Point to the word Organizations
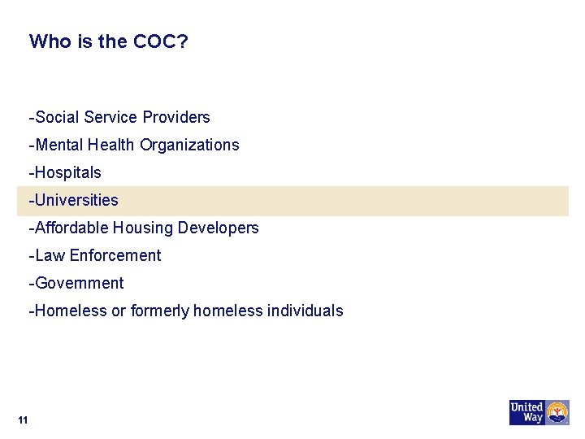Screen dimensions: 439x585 tap(190, 145)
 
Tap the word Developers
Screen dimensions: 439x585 tap(223, 228)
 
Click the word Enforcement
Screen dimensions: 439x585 tap(115, 255)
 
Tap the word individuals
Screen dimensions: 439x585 tap(307, 311)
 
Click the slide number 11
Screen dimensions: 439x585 tap(22, 419)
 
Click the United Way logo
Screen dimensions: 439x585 tap(539, 412)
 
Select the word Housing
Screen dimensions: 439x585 tap(140, 228)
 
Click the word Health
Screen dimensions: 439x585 tap(111, 145)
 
